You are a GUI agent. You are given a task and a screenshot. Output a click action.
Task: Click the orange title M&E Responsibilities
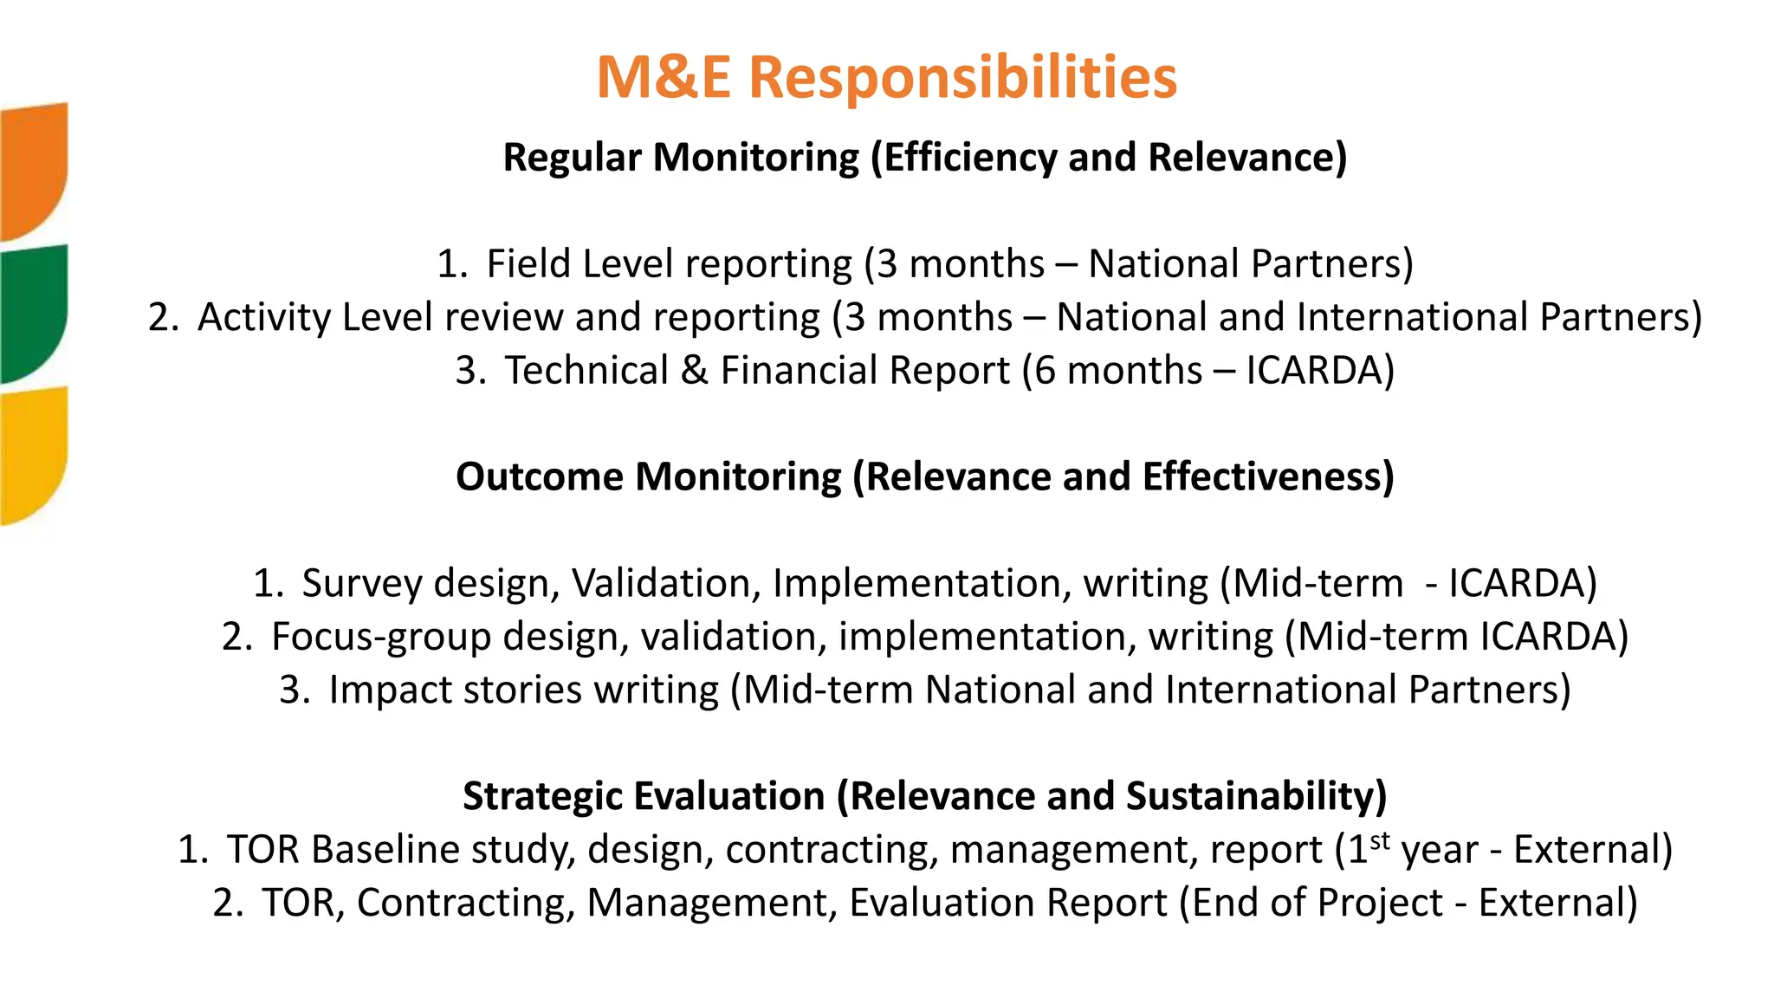pyautogui.click(x=886, y=77)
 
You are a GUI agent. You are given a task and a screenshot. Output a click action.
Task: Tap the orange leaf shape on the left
pyautogui.click(x=32, y=169)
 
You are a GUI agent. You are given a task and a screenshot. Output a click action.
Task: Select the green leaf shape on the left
pyautogui.click(x=32, y=312)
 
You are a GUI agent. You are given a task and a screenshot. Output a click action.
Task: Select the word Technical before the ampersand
pyautogui.click(x=586, y=371)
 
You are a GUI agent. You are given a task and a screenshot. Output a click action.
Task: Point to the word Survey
pyautogui.click(x=361, y=583)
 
